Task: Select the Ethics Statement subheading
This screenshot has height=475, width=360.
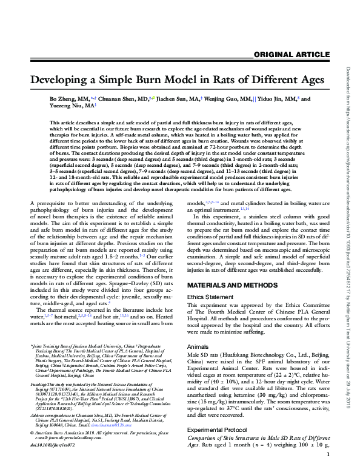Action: (x=208, y=297)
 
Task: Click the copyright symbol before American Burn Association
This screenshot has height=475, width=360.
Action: (x=32, y=450)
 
